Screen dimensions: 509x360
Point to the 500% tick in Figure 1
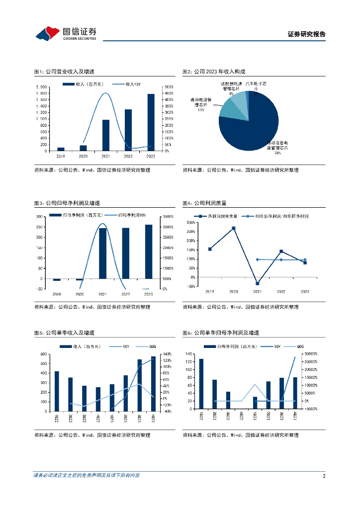click(x=169, y=87)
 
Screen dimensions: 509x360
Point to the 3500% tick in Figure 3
click(x=168, y=217)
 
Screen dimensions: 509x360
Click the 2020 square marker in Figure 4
click(x=233, y=228)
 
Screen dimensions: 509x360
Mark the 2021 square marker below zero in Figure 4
click(x=257, y=283)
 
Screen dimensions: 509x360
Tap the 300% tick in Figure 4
click(x=190, y=223)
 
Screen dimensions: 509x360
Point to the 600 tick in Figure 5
click(x=44, y=354)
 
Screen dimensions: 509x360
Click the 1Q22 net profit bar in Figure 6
click(x=201, y=384)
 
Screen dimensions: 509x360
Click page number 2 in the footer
click(x=324, y=476)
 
